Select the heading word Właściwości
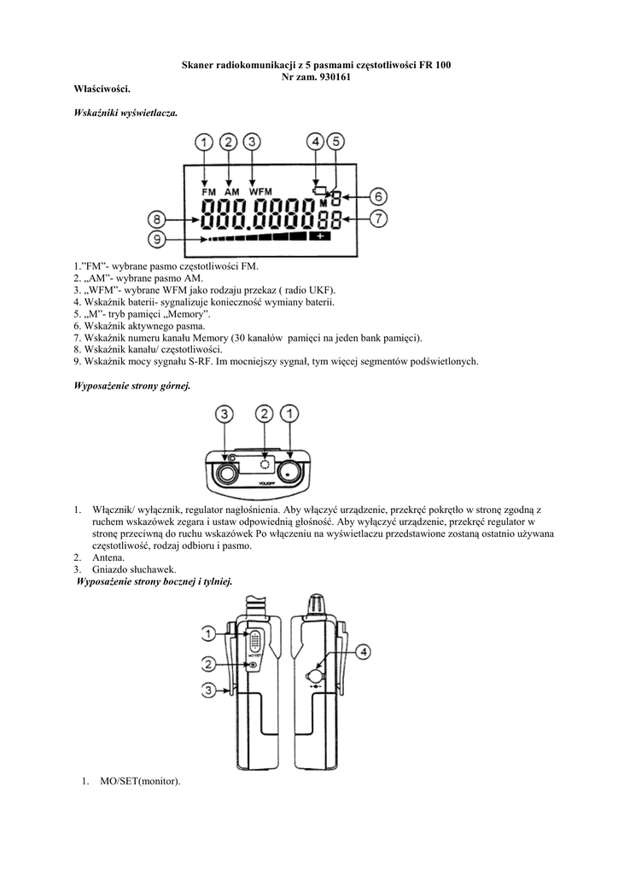pyautogui.click(x=103, y=89)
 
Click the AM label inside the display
pyautogui.click(x=231, y=192)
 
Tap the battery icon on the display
pyautogui.click(x=320, y=190)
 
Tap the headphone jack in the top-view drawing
pyautogui.click(x=228, y=471)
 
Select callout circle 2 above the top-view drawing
pyautogui.click(x=265, y=415)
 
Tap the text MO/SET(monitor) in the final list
pyautogui.click(x=140, y=782)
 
